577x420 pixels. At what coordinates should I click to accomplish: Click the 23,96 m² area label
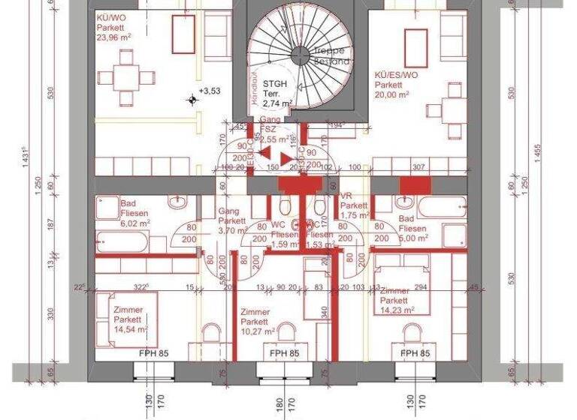pyautogui.click(x=113, y=35)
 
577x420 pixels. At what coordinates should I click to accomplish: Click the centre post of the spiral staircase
pyautogui.click(x=301, y=52)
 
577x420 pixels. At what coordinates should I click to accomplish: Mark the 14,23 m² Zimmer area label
pyautogui.click(x=398, y=309)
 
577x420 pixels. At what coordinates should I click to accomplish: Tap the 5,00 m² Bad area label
pyautogui.click(x=413, y=238)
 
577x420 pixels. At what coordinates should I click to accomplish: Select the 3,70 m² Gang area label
pyautogui.click(x=233, y=231)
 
